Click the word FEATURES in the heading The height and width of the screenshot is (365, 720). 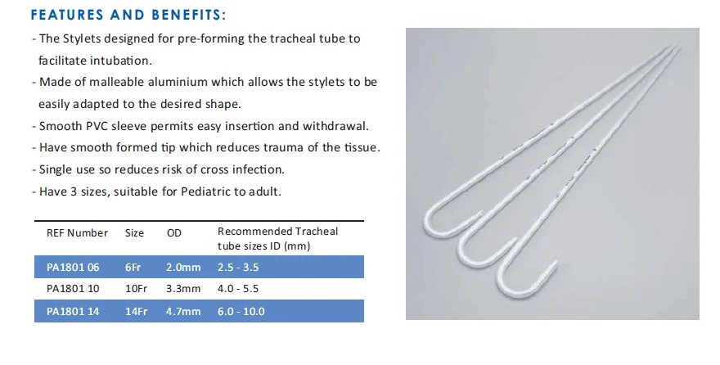[67, 15]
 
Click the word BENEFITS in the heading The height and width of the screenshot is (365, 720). [189, 15]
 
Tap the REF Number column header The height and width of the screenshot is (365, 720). [77, 232]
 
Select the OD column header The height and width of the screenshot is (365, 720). [174, 232]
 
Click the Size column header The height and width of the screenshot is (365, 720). [134, 232]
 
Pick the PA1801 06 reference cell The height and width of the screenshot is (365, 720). [73, 268]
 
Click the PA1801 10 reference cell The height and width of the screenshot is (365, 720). [73, 289]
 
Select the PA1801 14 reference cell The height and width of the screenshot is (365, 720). [73, 311]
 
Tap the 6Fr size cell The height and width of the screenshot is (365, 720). [133, 268]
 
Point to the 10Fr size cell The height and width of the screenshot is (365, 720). [136, 289]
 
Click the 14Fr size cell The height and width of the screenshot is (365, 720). [136, 311]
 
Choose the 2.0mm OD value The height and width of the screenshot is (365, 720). [183, 268]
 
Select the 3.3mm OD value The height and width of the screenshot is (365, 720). [183, 289]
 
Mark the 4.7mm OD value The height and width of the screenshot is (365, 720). [183, 311]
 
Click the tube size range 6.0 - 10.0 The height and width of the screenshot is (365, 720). [241, 311]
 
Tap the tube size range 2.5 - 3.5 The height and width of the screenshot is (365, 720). [238, 268]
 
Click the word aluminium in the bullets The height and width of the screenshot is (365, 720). [178, 82]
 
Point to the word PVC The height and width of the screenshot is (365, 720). [97, 126]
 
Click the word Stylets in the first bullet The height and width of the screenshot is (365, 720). [82, 39]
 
